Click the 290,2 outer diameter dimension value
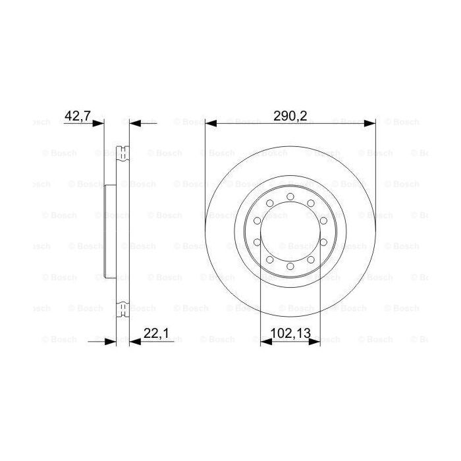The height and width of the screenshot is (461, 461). point(290,116)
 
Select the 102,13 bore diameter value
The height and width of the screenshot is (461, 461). point(290,334)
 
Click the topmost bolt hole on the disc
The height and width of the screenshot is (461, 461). point(290,196)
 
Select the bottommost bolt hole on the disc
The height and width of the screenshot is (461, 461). point(290,266)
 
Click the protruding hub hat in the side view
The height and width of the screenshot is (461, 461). point(109,230)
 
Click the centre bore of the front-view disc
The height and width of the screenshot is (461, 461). point(290,231)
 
